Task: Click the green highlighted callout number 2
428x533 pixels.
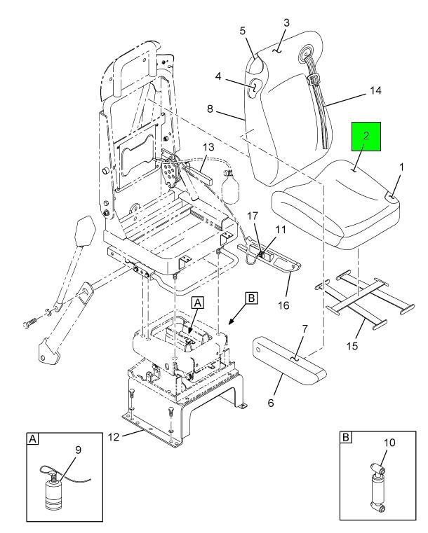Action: [x=366, y=136]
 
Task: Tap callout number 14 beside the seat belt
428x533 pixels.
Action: [x=375, y=91]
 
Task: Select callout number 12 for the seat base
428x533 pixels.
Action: [x=114, y=437]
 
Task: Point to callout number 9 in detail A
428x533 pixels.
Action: [x=78, y=450]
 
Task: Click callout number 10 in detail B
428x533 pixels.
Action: [x=389, y=443]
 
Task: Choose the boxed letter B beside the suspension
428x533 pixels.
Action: [x=251, y=298]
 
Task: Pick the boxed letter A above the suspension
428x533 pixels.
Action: [x=198, y=303]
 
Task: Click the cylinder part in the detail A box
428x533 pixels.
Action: [x=54, y=492]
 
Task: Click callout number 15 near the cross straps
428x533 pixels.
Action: [x=352, y=346]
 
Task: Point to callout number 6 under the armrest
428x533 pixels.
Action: [x=271, y=403]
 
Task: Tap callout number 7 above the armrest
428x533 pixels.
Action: [x=305, y=328]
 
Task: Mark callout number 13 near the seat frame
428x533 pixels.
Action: [x=208, y=147]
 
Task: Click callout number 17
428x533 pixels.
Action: [x=253, y=216]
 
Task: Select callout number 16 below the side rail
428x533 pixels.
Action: [x=283, y=305]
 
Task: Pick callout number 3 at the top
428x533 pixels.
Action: [x=286, y=22]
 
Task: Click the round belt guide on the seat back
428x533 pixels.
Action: [x=307, y=53]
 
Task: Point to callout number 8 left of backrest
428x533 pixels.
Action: [x=210, y=109]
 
